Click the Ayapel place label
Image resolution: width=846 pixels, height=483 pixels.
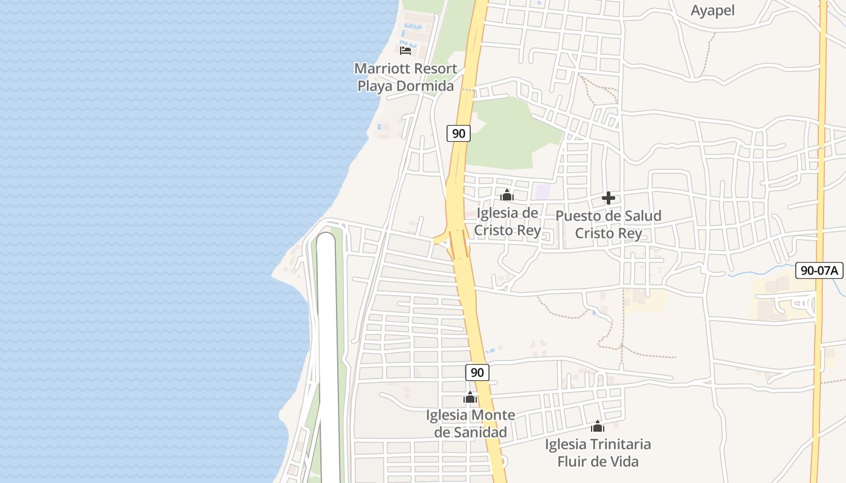pos(712,10)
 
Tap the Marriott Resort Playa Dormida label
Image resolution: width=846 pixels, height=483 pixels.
pos(405,77)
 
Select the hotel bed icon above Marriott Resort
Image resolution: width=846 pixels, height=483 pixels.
pos(405,50)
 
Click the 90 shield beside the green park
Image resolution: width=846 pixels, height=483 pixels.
pos(459,133)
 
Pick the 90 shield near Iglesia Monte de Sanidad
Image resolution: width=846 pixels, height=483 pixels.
pos(477,373)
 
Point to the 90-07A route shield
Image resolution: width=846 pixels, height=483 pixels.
pos(819,270)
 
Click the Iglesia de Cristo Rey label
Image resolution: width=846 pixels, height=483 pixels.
pos(507,222)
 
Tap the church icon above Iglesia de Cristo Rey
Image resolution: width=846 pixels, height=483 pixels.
pos(507,195)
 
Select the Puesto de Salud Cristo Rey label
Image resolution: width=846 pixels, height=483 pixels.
pos(609,225)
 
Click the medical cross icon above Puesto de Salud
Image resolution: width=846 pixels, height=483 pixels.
pos(609,198)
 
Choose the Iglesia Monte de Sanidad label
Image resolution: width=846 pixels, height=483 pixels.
pos(471,424)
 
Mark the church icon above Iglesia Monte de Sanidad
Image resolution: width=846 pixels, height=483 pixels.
pos(470,397)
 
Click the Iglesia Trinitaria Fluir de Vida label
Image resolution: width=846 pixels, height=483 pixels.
pos(598,453)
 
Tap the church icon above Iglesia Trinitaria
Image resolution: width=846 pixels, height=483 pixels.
pos(598,426)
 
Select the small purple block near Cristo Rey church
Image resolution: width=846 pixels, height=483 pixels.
pos(542,193)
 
